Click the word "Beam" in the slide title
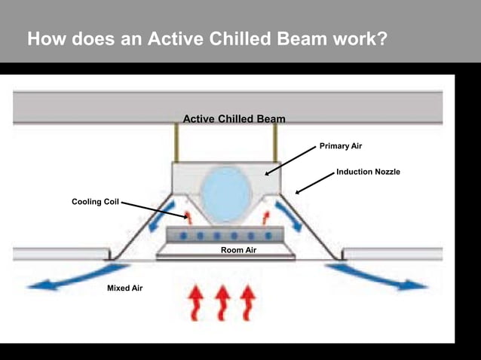click(289, 38)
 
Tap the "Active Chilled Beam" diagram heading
click(234, 119)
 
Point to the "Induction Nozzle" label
click(368, 172)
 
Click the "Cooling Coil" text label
click(95, 202)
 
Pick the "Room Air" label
click(239, 249)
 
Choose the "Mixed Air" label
click(124, 288)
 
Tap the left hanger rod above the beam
click(177, 143)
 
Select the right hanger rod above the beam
click(275, 143)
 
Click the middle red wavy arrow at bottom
click(222, 302)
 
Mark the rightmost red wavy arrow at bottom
click(247, 302)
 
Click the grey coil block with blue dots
click(226, 236)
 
